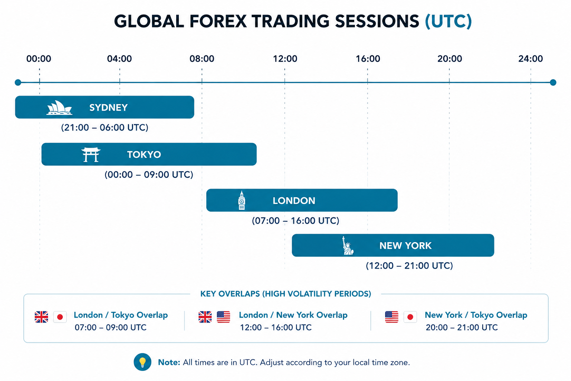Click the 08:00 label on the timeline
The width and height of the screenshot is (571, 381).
pos(201,59)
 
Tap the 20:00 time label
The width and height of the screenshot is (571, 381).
pos(450,59)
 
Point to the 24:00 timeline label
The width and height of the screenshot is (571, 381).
pos(530,59)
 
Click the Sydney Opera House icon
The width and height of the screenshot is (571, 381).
pos(59,108)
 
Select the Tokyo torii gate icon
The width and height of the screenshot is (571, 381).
pos(91,154)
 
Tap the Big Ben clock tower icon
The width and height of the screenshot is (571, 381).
pos(241,200)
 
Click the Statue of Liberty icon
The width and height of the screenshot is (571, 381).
pos(348,246)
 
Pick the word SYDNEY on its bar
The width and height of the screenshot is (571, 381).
pos(108,108)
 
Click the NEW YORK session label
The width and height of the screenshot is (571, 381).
pos(405,246)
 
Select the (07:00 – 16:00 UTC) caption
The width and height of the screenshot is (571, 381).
pos(296,221)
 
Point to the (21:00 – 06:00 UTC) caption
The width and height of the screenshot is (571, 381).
pos(104,128)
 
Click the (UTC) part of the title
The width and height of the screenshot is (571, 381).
pos(448,21)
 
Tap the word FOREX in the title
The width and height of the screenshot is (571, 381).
pos(218,21)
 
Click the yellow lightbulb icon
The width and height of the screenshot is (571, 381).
pos(142,362)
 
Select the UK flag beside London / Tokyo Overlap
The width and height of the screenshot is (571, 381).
pos(41,317)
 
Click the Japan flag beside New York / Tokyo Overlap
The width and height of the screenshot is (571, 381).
pos(410,317)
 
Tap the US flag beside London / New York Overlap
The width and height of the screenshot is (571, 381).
pos(223,317)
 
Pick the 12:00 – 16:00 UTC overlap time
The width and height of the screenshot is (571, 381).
pos(276,327)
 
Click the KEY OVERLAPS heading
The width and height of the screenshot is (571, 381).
pos(285,294)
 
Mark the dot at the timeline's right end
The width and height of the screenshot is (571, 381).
pos(553,83)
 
